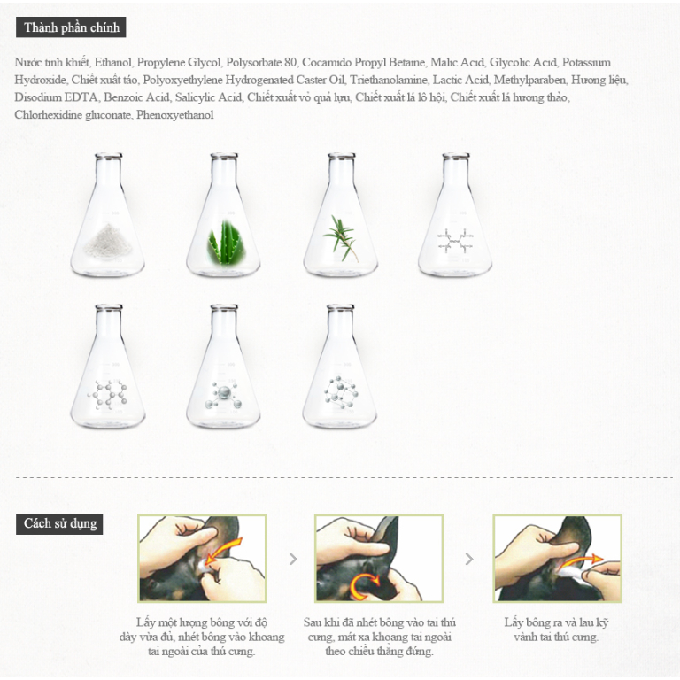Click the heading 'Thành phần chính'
tap(71, 27)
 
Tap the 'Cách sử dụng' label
tap(60, 524)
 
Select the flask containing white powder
tap(107, 215)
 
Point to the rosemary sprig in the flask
tap(340, 238)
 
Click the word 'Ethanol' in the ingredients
tap(112, 63)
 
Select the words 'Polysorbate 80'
tap(261, 63)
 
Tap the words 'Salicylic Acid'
tap(208, 97)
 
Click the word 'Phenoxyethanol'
tap(175, 115)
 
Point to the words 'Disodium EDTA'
tap(56, 97)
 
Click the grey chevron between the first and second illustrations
tap(294, 559)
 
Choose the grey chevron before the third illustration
tap(469, 559)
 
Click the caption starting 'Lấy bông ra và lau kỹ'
tap(556, 630)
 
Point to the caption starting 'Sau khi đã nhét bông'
tap(380, 637)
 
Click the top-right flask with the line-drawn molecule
tap(455, 215)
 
